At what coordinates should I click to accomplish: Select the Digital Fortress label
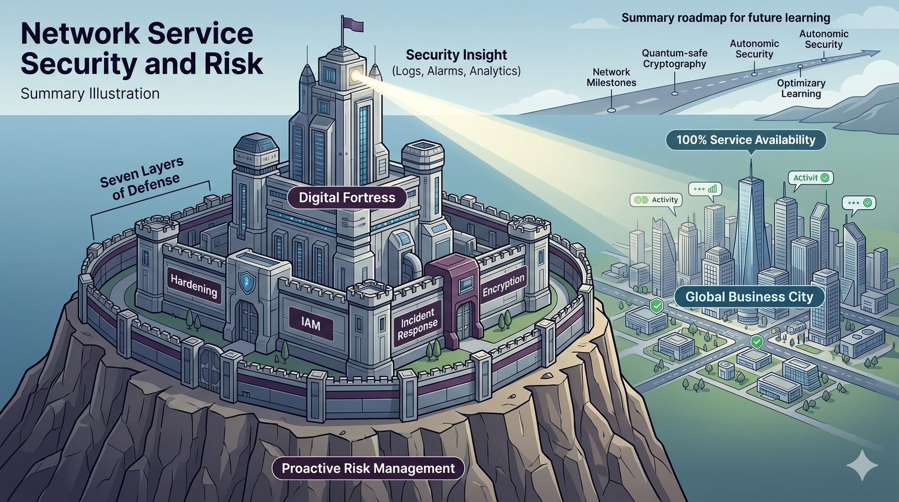pos(347,198)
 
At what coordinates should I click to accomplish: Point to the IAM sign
pos(310,324)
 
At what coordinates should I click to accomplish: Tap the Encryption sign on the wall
pos(503,284)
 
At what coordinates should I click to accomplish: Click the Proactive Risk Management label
pos(368,468)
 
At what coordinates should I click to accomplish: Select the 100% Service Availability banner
pos(746,140)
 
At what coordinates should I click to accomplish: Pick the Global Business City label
pos(749,297)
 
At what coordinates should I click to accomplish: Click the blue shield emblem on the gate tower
pos(244,282)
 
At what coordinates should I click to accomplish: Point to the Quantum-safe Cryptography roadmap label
pos(674,58)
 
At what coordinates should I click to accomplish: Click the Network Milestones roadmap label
pos(611,78)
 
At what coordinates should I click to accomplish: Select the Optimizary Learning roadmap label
pos(801,88)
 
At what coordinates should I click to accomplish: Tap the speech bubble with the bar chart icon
pos(706,189)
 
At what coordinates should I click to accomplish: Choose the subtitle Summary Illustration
pos(90,93)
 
